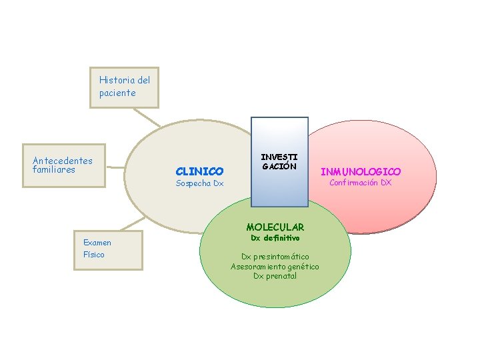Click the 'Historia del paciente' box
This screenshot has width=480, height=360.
(125, 87)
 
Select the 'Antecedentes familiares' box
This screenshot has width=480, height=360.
(64, 163)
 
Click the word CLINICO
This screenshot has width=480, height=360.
(199, 171)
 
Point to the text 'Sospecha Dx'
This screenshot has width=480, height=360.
(199, 183)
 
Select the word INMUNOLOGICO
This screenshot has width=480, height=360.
(361, 172)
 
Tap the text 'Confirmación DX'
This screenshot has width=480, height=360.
(361, 183)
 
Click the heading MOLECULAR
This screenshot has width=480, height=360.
(275, 227)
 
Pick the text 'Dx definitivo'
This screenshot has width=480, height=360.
(275, 238)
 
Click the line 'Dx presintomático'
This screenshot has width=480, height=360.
(275, 257)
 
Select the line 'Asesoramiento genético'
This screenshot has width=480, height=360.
(275, 267)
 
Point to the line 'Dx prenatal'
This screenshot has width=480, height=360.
(275, 276)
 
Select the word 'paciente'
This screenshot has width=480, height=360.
(117, 93)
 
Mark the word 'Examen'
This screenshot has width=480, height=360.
(97, 243)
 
